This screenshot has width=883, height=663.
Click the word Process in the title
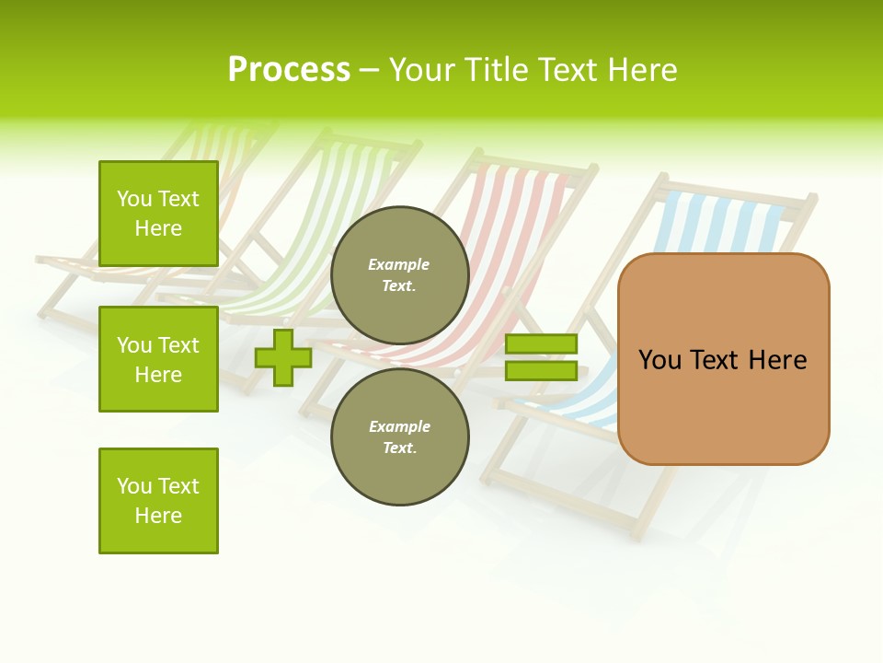click(x=289, y=70)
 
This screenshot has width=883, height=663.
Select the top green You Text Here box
click(x=158, y=214)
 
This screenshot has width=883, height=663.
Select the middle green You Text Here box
click(x=158, y=359)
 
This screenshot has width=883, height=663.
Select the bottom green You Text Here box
click(x=158, y=501)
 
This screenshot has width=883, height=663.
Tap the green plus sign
click(x=283, y=357)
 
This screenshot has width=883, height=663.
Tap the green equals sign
click(x=541, y=357)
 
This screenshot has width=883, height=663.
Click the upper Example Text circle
click(x=399, y=274)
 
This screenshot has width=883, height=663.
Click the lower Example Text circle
click(x=399, y=436)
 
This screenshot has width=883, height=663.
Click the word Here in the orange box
click(x=777, y=360)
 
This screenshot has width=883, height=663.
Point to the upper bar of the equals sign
click(x=541, y=344)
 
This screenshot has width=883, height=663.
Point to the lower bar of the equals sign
click(x=541, y=371)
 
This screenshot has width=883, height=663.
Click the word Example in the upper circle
click(x=399, y=264)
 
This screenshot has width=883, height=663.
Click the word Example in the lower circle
click(x=399, y=426)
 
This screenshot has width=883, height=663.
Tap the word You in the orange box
click(x=660, y=360)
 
